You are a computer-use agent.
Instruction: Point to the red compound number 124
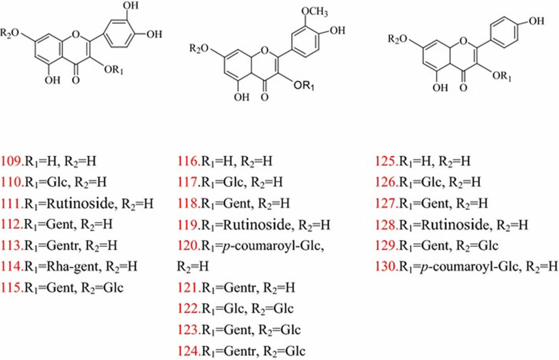(x=188, y=350)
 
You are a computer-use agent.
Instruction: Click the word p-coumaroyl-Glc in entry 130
(x=474, y=266)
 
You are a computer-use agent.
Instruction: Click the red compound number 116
(x=188, y=161)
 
